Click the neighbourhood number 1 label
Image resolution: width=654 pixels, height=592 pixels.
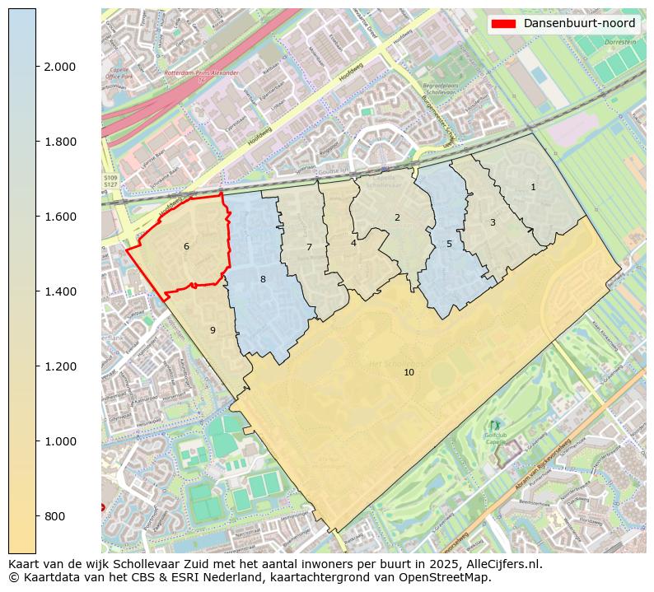[533, 187]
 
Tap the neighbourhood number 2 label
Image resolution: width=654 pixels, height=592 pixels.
[397, 217]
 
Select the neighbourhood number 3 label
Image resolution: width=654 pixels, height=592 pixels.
[493, 222]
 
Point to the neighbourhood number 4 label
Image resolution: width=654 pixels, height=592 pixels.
[353, 243]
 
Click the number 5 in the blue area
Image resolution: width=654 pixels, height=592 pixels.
[449, 244]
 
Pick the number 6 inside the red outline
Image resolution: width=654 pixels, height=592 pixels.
[186, 246]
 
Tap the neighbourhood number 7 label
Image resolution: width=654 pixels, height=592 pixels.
[309, 247]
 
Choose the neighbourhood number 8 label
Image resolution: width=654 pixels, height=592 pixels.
[263, 279]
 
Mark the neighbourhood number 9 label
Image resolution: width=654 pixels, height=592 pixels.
[213, 330]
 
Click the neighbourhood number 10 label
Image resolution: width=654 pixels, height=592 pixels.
[409, 372]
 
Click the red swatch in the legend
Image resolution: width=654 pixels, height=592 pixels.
[503, 23]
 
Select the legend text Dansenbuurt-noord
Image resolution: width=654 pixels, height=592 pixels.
[579, 23]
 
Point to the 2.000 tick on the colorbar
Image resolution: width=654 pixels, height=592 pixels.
[60, 67]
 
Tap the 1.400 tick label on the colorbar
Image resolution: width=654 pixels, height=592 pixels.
[60, 291]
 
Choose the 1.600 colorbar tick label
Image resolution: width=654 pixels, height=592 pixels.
[60, 217]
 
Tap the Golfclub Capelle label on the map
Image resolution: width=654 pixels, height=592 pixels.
[494, 437]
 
